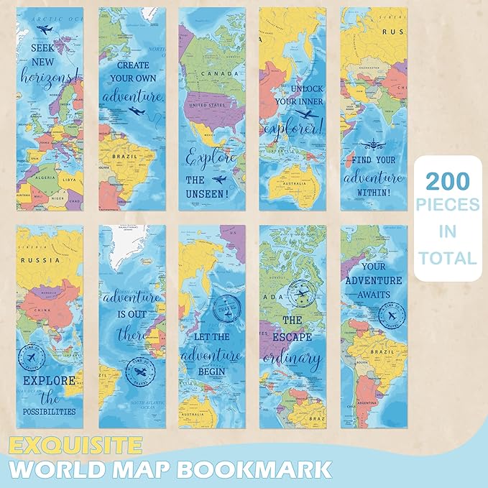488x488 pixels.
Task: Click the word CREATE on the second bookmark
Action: pos(134,64)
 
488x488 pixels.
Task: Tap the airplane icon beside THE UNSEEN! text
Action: pos(219,178)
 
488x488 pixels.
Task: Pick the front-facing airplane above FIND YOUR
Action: pos(373,143)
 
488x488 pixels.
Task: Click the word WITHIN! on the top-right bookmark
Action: pos(372,192)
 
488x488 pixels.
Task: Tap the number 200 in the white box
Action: pos(446,180)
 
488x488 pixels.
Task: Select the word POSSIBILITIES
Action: pos(49,411)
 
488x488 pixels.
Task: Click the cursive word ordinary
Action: pos(292,358)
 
